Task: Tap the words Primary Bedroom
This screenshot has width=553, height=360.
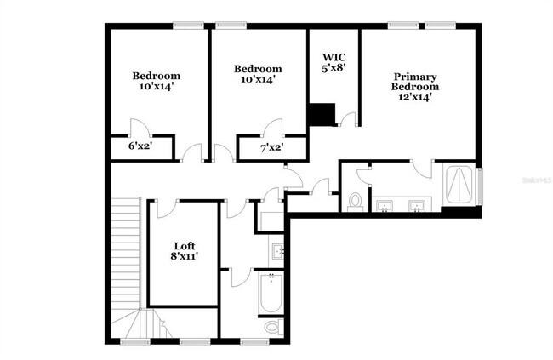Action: pos(415,81)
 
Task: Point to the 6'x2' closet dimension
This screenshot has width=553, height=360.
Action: pos(140,146)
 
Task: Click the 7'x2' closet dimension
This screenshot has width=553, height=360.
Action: pos(271,147)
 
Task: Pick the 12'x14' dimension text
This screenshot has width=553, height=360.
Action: pos(415,96)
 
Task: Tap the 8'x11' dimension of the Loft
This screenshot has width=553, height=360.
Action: pos(185,256)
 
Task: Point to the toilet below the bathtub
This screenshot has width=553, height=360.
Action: pos(271,327)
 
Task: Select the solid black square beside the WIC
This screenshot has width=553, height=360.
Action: pos(321,114)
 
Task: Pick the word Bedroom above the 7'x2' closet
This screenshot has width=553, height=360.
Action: pos(257,70)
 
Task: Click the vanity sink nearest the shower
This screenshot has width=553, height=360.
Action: pos(417,205)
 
